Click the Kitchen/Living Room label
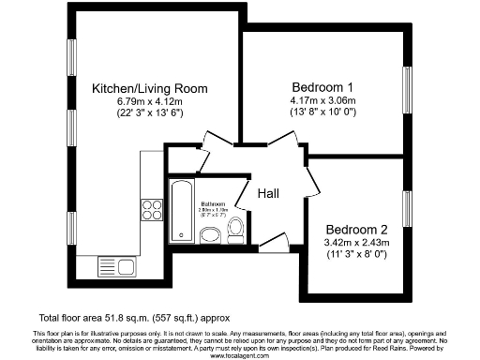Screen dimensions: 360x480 [x=149, y=89]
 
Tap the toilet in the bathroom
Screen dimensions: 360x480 [x=237, y=226]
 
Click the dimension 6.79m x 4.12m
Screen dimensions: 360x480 [x=149, y=101]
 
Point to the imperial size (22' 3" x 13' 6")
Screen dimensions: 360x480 [x=149, y=113]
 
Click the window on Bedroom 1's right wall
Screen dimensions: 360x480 [x=408, y=89]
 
